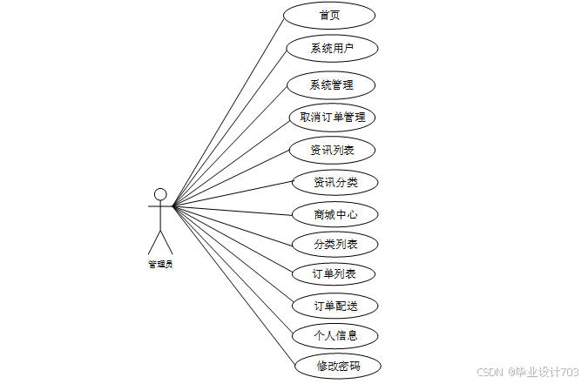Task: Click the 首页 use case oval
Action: click(329, 16)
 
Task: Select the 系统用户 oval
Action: click(332, 48)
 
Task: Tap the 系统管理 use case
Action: click(331, 85)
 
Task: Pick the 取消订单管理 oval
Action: click(332, 118)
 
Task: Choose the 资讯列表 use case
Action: click(332, 150)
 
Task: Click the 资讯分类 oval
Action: click(335, 183)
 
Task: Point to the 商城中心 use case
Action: click(335, 213)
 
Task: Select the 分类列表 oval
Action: click(335, 244)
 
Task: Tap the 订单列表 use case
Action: click(335, 274)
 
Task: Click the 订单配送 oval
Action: click(335, 306)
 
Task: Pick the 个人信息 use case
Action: click(335, 335)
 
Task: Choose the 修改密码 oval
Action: click(338, 367)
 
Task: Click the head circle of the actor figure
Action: click(160, 193)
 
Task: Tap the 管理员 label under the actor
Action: click(160, 263)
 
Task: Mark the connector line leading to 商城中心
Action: click(235, 210)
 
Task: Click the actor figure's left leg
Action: click(154, 241)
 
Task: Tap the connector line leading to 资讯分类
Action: click(233, 195)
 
